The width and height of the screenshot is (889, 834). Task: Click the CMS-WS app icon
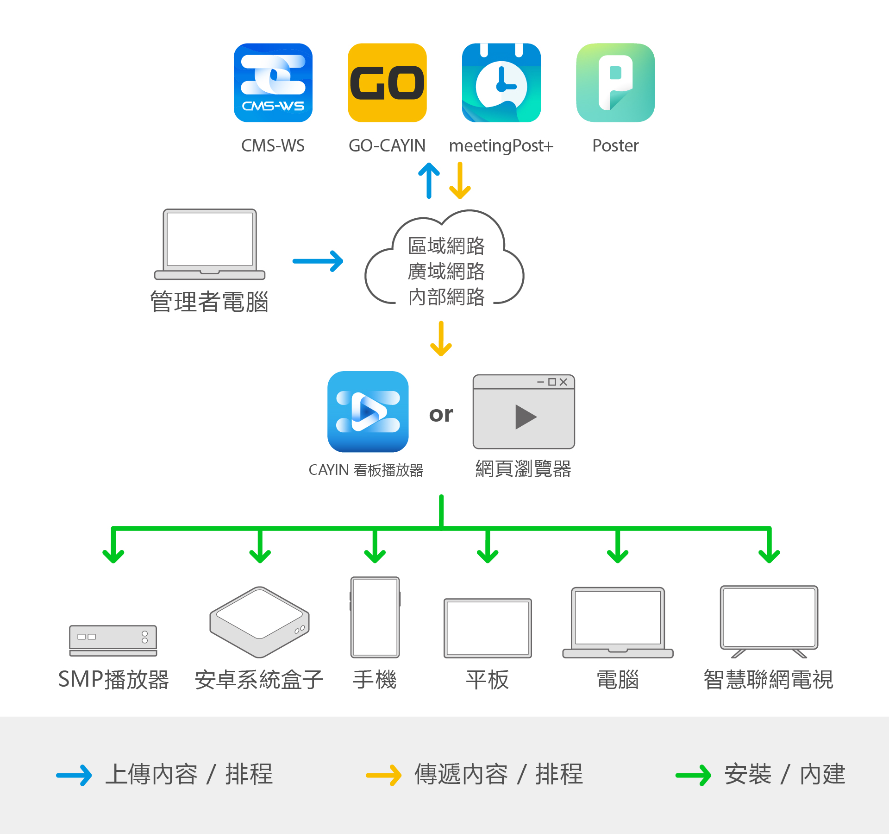(x=273, y=83)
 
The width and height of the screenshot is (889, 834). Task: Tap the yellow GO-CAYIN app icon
(x=387, y=83)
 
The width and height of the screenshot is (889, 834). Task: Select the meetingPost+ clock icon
(x=501, y=83)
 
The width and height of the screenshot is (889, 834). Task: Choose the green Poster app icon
(x=615, y=83)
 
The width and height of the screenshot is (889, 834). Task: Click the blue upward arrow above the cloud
(x=429, y=181)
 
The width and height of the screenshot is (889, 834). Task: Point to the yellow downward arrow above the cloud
(x=460, y=181)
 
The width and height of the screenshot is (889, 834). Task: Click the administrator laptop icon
(x=210, y=244)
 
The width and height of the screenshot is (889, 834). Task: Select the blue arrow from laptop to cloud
(x=318, y=261)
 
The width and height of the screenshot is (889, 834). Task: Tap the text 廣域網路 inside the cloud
(x=446, y=272)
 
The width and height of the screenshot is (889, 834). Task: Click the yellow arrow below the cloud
(x=441, y=339)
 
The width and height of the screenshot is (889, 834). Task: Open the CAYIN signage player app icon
(x=368, y=411)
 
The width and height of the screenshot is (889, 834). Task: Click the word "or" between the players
(x=441, y=414)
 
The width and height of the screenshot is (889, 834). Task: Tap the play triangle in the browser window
(x=526, y=417)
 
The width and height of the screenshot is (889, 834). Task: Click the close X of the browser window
(x=563, y=382)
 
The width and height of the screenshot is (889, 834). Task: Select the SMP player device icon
(x=113, y=641)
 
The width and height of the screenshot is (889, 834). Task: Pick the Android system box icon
(x=260, y=622)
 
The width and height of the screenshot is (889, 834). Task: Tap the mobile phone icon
(x=375, y=617)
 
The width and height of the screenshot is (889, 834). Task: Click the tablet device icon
(x=488, y=628)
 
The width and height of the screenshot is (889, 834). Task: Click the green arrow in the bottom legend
(x=693, y=775)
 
